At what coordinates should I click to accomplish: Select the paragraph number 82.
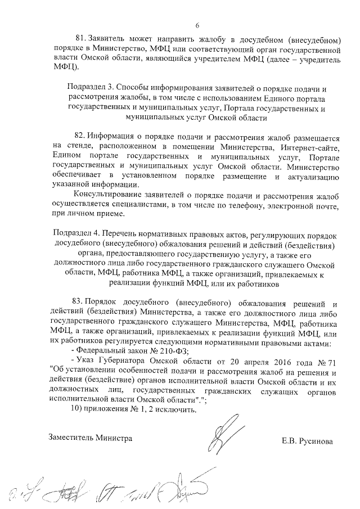[x=81, y=137]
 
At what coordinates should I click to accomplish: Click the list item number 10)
[x=74, y=411]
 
